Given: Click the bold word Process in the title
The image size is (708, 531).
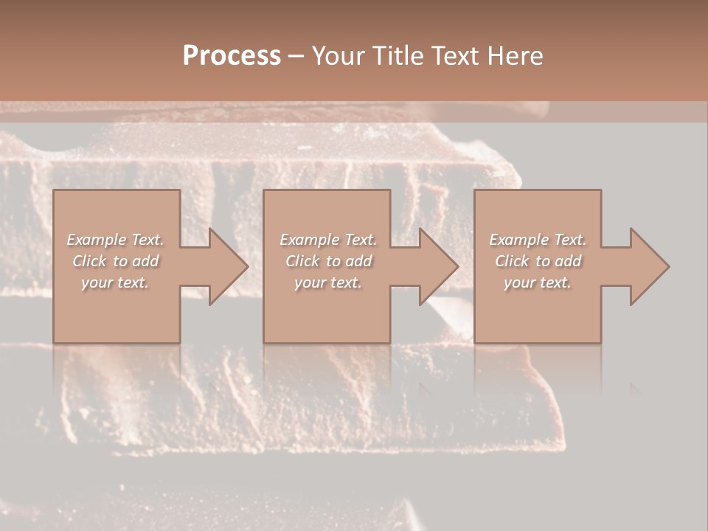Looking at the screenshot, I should pos(232,56).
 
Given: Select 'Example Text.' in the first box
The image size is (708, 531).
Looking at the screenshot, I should pos(115,240).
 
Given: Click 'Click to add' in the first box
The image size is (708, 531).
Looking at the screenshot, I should pos(115,261).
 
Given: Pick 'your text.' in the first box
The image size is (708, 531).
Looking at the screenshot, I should pos(115,282).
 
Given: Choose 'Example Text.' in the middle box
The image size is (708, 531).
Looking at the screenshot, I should pos(328,240).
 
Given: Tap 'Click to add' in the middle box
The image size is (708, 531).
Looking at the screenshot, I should pos(328,261).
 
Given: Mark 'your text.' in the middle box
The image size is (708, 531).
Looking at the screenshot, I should pos(328,282).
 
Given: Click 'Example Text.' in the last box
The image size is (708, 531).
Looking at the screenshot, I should pos(538,240).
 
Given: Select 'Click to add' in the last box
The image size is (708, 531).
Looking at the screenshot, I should pos(538,261).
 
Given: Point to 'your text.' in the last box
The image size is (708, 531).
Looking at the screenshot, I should pos(538,282).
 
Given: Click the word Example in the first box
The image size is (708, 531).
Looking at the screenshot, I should pos(97,240).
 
